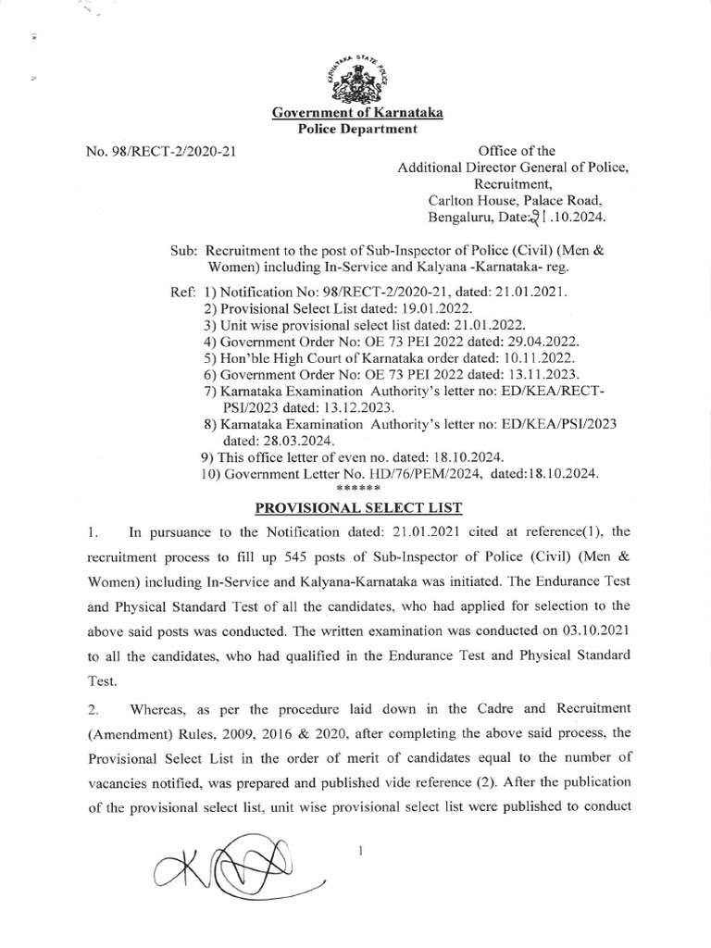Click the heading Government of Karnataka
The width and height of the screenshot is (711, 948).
coord(356,113)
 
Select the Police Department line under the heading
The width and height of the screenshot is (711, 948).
coord(356,130)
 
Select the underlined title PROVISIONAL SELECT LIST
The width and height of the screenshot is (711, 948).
coord(356,507)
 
